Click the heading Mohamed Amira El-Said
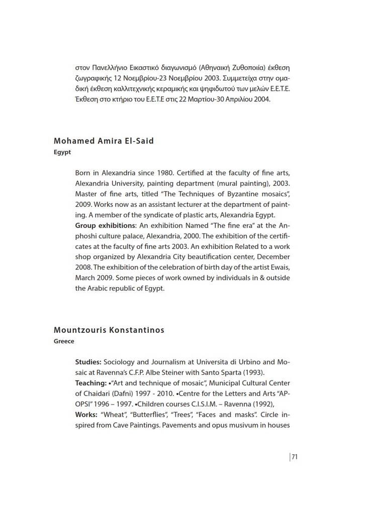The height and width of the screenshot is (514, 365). tap(104, 141)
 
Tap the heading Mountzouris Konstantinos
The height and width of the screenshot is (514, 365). tap(109, 330)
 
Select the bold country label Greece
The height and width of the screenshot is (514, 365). tap(64, 341)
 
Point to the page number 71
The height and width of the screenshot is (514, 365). tap(295, 457)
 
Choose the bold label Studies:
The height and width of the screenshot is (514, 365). tap(88, 362)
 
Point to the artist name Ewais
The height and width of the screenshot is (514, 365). tap(280, 267)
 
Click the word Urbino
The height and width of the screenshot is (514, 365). tap(247, 362)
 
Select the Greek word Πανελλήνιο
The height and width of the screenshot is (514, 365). tap(110, 67)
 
